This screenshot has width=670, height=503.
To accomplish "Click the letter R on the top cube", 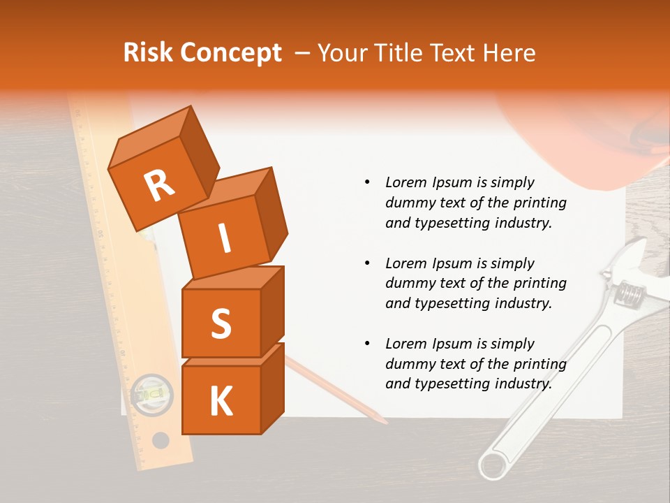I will click(x=159, y=186).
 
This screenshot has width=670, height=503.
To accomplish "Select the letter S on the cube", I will click(x=221, y=323).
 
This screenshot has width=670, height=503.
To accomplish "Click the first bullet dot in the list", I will click(x=367, y=183).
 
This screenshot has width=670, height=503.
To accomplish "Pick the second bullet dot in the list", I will click(x=367, y=264).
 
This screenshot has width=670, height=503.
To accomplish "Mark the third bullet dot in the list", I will click(x=367, y=344).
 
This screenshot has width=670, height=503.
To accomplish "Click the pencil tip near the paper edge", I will click(x=383, y=421).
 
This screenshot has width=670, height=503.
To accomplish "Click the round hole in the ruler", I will click(x=161, y=441).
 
